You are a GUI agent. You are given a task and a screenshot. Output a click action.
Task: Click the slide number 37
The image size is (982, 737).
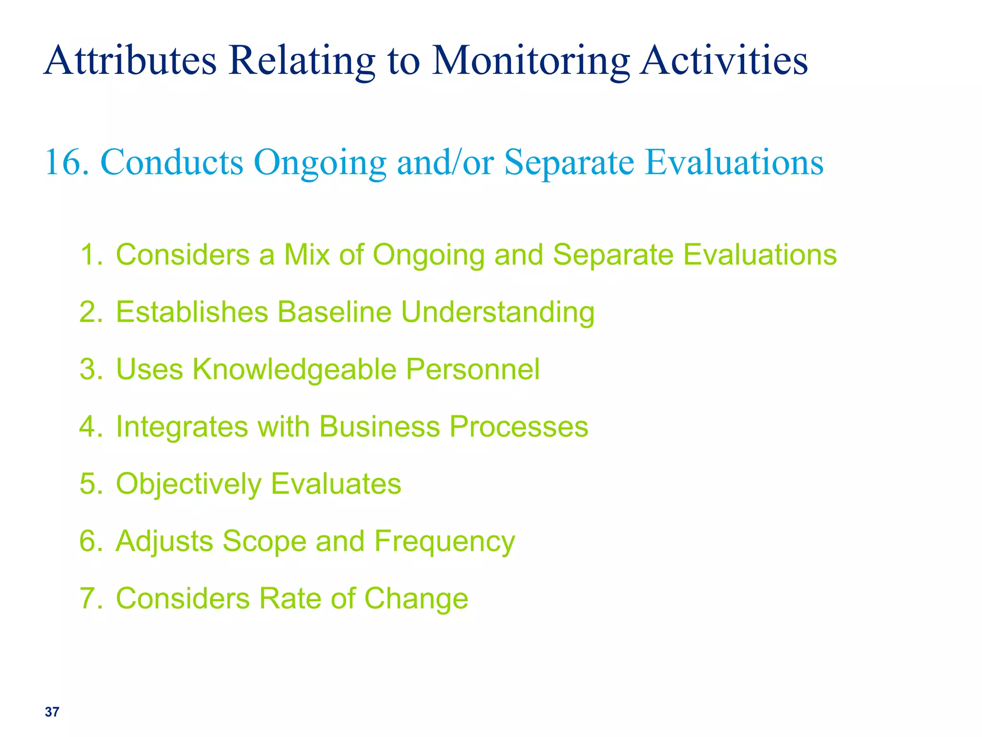(x=52, y=712)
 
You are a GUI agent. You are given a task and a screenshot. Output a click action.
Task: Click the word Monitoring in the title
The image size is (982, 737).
(x=531, y=61)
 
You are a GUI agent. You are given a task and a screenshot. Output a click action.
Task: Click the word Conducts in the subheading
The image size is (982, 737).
(x=172, y=162)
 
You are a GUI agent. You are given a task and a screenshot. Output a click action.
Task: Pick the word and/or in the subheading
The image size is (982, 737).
(x=445, y=162)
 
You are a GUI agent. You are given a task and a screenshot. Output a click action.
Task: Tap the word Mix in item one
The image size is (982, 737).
(x=307, y=254)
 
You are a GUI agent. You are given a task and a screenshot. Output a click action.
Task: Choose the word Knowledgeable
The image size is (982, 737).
(x=294, y=369)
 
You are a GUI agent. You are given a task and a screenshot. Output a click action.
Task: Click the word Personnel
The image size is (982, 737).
(x=473, y=369)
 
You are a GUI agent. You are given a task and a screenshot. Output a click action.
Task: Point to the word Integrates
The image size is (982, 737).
(x=182, y=427)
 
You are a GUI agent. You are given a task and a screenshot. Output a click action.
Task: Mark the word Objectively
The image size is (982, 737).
(x=189, y=484)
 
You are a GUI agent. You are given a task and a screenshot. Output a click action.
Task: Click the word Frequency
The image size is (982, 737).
(x=444, y=542)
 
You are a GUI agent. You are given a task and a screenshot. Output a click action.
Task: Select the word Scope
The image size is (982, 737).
(x=264, y=542)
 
